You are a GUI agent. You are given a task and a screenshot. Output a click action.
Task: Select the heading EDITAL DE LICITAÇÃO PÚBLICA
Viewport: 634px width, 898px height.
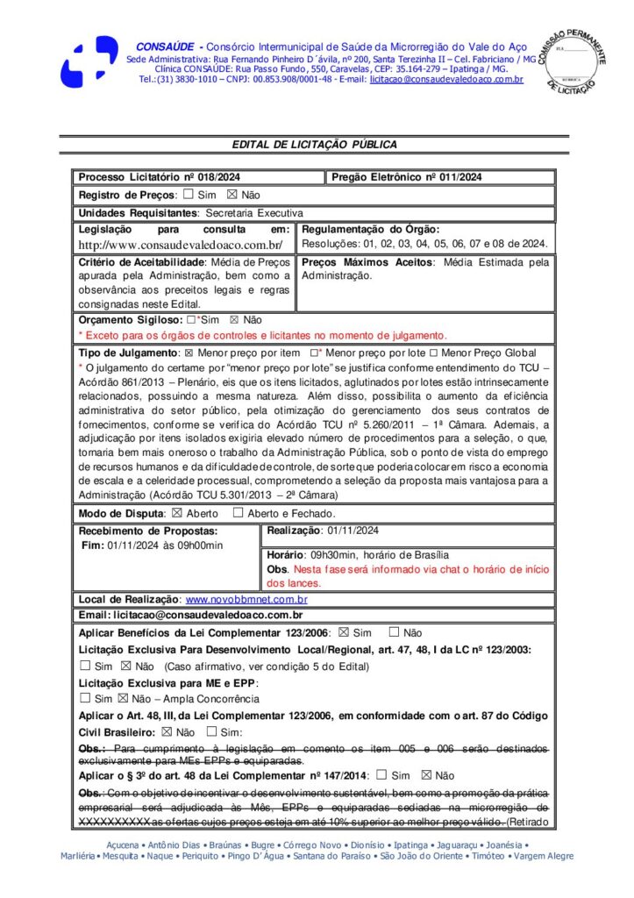tap(314, 145)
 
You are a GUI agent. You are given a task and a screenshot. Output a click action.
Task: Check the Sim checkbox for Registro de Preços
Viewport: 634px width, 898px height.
tap(189, 195)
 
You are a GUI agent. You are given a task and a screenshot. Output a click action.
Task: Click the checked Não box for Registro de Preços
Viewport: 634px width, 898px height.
tap(232, 195)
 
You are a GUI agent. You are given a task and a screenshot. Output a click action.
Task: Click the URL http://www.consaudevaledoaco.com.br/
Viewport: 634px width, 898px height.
tap(180, 245)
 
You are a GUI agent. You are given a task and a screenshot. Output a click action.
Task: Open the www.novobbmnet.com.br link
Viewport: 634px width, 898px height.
tap(246, 600)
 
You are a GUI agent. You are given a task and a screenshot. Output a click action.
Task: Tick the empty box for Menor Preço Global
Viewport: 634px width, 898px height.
tap(433, 352)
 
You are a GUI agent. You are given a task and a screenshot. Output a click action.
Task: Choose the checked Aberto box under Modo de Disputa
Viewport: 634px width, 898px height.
tap(176, 513)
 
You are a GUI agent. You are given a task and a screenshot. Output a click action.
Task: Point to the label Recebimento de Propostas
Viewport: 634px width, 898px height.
tap(148, 531)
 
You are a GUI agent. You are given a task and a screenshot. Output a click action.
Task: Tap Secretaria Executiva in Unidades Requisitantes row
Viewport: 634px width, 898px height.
tap(254, 212)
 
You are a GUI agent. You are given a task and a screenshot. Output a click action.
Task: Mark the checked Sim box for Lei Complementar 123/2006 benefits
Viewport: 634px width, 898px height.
tap(344, 632)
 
